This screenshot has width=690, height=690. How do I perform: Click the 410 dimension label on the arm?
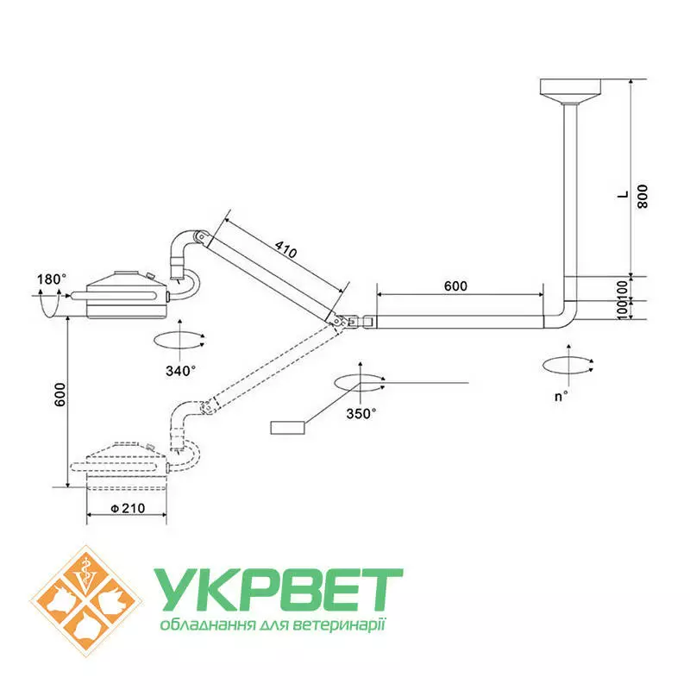click(x=286, y=249)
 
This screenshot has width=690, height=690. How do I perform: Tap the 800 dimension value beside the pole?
click(x=642, y=197)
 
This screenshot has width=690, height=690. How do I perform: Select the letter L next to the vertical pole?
click(x=623, y=195)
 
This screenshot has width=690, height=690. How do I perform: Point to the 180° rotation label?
click(x=52, y=279)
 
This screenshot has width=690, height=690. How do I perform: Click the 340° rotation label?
click(x=180, y=371)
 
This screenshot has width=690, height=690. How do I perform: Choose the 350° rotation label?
click(x=361, y=414)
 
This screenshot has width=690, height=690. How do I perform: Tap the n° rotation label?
click(x=561, y=397)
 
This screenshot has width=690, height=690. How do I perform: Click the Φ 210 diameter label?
click(x=128, y=508)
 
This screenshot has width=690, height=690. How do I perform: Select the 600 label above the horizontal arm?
click(x=455, y=286)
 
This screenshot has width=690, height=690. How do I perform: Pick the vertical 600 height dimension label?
click(x=60, y=395)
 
